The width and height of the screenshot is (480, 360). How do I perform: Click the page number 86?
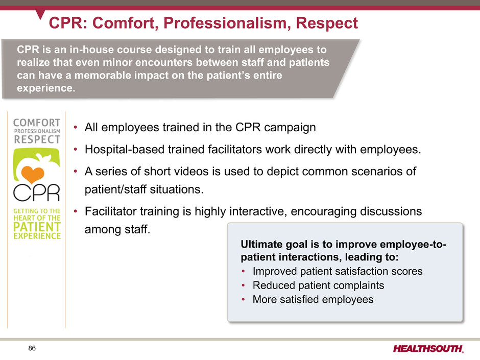point(32,348)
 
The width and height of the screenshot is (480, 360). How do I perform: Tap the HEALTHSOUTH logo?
point(428,349)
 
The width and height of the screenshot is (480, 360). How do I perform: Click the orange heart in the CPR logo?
point(33,174)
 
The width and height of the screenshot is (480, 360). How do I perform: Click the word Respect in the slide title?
point(327,23)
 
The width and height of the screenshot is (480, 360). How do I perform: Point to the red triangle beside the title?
point(40,14)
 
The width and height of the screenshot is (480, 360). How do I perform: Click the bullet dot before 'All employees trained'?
point(75,128)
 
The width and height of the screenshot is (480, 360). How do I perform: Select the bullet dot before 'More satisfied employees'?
point(244,299)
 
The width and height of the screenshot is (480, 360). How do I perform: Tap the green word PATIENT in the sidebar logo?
point(37,227)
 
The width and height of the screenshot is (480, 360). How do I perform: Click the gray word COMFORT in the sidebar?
point(37,123)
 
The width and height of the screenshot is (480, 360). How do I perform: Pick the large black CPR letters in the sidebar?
point(37,193)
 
